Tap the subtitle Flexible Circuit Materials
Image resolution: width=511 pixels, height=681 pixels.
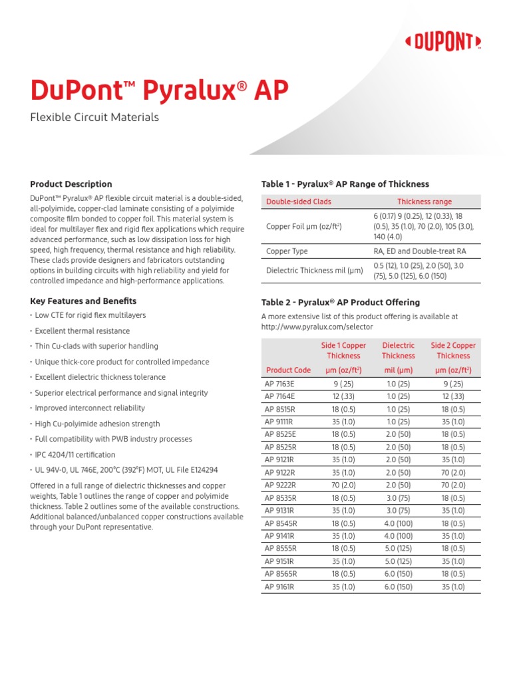94,118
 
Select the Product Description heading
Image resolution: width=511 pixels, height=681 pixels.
71,184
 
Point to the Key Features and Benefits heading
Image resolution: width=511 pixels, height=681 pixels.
83,301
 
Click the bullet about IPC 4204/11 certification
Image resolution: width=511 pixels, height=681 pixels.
75,455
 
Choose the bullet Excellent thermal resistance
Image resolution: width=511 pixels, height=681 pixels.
82,331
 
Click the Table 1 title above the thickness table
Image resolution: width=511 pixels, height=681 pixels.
345,184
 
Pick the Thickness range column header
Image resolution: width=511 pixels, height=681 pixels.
424,202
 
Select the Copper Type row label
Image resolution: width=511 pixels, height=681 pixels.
287,251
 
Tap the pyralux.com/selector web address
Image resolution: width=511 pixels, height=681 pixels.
317,327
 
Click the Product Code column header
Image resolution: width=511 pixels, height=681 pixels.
288,370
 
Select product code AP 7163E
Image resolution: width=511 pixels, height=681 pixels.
279,384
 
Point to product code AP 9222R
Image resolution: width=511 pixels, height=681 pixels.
280,485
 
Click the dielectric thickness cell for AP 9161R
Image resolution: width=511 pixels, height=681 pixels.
398,587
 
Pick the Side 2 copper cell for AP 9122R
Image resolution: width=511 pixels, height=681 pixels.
453,473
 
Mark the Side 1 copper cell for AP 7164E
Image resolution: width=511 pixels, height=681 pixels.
343,397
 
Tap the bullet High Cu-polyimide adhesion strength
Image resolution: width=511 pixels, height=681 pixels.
97,424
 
